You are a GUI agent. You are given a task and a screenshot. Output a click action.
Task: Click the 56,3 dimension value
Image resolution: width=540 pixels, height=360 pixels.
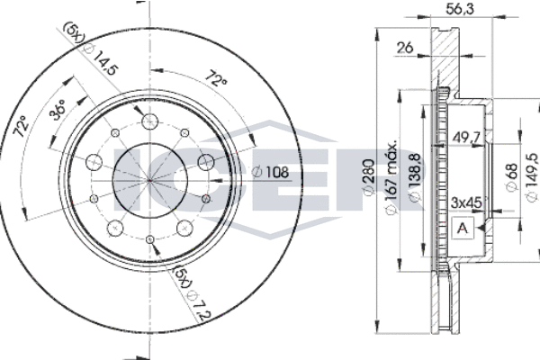point(460,9)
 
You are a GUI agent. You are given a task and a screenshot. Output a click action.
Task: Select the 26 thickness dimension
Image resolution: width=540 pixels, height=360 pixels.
point(405,48)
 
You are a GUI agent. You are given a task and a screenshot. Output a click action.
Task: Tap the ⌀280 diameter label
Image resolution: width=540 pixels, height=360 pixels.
point(369,178)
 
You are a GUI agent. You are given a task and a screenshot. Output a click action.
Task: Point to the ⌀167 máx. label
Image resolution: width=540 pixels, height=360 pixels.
point(391,177)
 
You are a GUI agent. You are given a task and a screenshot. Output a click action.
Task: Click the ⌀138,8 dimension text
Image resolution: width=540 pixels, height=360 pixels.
point(414,178)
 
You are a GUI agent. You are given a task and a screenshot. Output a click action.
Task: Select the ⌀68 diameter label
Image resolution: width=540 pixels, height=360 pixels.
point(512,177)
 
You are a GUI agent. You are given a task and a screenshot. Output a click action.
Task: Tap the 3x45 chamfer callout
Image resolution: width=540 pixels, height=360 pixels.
point(466,202)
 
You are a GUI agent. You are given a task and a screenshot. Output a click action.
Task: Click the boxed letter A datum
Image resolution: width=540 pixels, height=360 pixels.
point(463,228)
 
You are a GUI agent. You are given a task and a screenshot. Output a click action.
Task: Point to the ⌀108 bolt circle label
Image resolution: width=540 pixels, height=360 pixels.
point(270,172)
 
